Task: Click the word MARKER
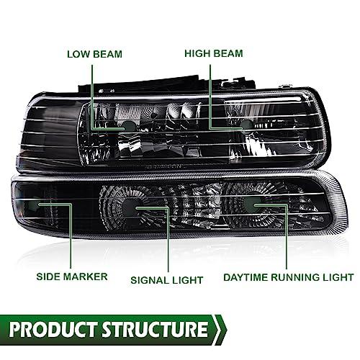coord(86,276)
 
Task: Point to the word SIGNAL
coord(148,280)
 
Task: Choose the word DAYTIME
coord(246,277)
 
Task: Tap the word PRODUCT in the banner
coord(53,329)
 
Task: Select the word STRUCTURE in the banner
coord(155,329)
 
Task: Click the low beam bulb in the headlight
coord(129,127)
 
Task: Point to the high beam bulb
coord(246,125)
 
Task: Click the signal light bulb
coord(130,208)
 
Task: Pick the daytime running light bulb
coord(250,204)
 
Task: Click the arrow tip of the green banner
coord(227,330)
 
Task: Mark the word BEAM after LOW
coord(108,54)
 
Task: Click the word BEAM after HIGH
coord(228,53)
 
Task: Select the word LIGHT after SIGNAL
coord(186,280)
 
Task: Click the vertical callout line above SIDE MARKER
coord(71,236)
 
